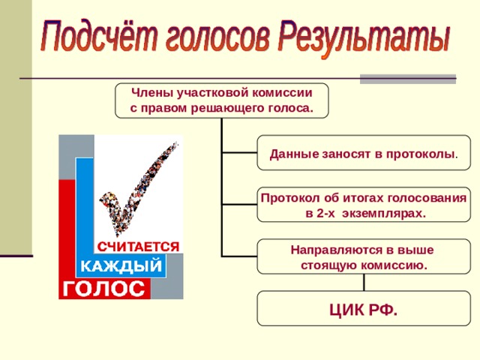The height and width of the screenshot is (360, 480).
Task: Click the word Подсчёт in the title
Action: point(100,36)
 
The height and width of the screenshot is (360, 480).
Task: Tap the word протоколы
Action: point(420,154)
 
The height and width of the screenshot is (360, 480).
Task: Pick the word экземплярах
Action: point(384,214)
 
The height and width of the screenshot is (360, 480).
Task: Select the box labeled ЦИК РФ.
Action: point(364,308)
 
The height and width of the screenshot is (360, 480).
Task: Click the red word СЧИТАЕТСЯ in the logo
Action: point(138,247)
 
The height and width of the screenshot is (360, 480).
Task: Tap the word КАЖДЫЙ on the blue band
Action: point(121,265)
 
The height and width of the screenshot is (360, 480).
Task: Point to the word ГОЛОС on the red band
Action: point(103,289)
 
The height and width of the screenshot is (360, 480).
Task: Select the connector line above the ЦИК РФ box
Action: point(364,282)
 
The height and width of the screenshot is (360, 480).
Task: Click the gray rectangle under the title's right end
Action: point(408,79)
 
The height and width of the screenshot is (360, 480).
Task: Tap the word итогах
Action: point(364,198)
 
